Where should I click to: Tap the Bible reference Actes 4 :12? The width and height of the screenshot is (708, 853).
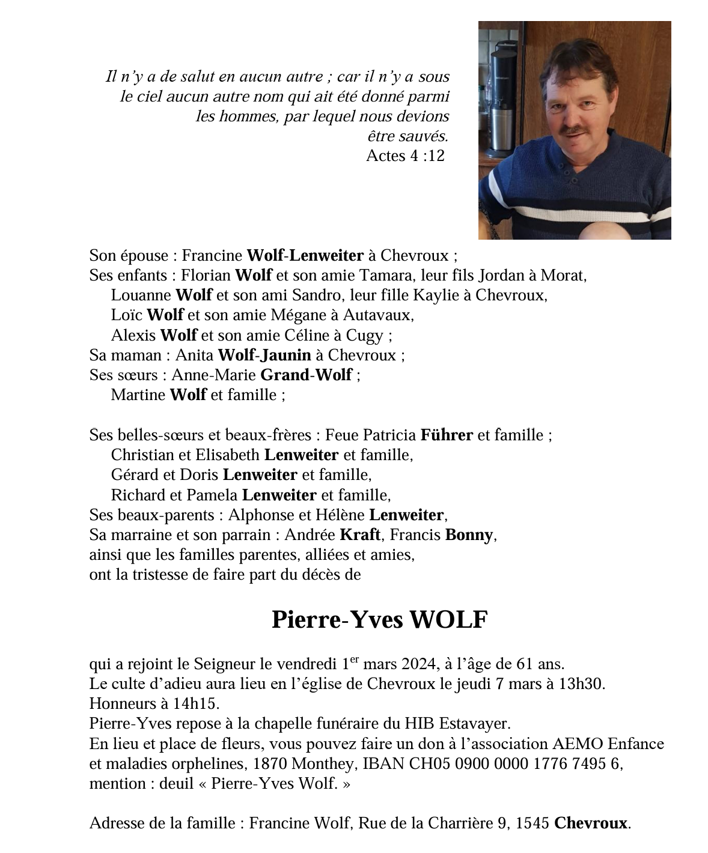point(405,156)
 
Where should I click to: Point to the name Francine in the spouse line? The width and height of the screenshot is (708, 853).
point(212,255)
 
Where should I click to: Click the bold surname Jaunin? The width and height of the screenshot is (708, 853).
point(285,355)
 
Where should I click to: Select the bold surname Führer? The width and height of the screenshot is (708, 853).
point(447,434)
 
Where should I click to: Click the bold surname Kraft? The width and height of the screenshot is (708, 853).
point(361,535)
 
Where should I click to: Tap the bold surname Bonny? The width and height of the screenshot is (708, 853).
point(469,535)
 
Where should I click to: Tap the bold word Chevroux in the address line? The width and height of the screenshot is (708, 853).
point(590,823)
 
